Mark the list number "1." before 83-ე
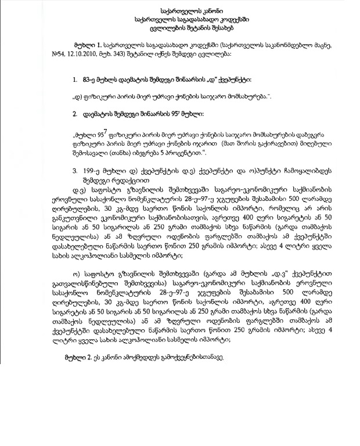tap(75, 78)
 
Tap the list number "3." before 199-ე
tap(75, 172)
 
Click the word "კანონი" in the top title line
tap(200, 11)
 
